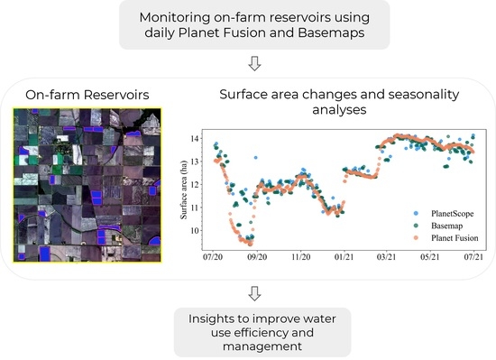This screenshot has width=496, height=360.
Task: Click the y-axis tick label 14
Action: [195, 139]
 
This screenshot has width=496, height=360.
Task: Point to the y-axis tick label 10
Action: [195, 231]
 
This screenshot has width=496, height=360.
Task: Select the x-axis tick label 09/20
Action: [257, 257]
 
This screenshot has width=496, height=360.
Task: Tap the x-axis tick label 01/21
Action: [344, 257]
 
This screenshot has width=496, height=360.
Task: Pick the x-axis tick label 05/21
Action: [430, 257]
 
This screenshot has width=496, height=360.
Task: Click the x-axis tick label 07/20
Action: [213, 257]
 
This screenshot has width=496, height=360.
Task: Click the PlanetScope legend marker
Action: [416, 214]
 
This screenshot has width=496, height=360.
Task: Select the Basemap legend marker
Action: [416, 226]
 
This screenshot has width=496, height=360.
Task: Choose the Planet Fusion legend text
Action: [455, 238]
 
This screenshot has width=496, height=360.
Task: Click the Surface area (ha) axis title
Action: [183, 189]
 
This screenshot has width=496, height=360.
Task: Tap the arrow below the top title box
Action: [254, 63]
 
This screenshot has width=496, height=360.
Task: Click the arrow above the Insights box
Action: [254, 293]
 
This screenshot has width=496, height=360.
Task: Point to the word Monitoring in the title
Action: [175, 17]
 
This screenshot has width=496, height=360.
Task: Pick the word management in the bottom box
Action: [262, 346]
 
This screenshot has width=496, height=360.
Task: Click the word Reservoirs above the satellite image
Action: [116, 95]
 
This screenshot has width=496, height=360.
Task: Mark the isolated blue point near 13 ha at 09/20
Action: [255, 157]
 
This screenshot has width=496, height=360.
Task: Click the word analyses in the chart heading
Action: [339, 110]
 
